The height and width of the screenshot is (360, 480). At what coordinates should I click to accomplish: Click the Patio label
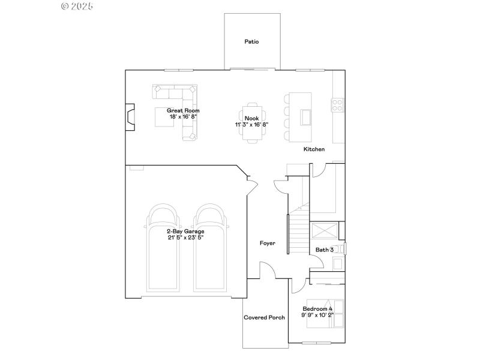pos(251,42)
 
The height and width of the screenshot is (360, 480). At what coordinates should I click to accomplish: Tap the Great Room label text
pos(183,110)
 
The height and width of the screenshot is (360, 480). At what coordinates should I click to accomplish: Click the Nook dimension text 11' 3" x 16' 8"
pos(251,125)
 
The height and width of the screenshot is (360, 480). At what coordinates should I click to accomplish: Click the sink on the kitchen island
pos(306,115)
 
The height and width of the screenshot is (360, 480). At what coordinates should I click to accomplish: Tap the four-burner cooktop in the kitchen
pos(337,106)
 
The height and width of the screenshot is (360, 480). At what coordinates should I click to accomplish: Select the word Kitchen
pos(314,149)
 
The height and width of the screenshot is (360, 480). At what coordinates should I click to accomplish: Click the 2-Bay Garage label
pos(185,231)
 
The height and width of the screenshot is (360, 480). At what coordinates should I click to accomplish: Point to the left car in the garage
pos(163,246)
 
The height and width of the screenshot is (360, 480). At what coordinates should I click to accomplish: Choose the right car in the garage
pos(209,246)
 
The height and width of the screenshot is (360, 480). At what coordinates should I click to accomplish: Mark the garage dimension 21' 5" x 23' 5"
pos(185,238)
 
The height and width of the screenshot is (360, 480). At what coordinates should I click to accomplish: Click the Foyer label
pos(267,243)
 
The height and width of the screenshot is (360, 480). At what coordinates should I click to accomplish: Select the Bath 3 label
pos(325,250)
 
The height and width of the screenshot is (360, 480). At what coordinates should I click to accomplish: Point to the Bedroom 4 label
pos(317,309)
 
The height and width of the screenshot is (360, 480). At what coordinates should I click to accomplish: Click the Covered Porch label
pos(264,317)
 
